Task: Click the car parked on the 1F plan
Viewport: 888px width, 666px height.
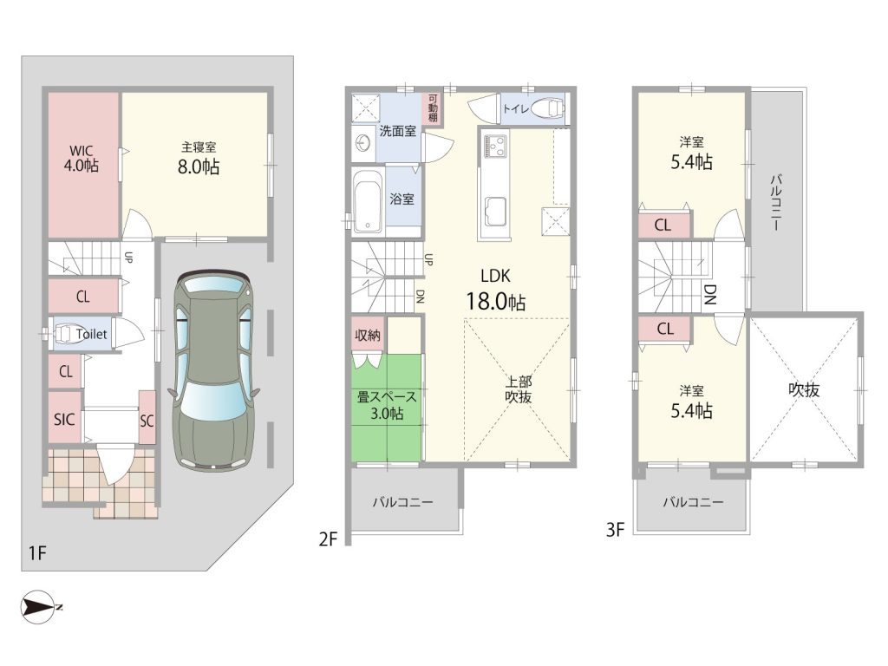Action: [x=214, y=371]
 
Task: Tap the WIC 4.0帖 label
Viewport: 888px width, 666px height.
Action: [x=82, y=158]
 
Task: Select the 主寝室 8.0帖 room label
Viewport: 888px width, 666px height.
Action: [x=199, y=158]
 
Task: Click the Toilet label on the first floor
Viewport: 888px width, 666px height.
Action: [x=91, y=334]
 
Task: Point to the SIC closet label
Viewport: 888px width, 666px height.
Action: [x=64, y=419]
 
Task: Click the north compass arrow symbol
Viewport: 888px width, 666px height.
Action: [x=38, y=608]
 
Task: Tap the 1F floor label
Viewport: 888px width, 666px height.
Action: [x=37, y=552]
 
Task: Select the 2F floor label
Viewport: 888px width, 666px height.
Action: [x=328, y=539]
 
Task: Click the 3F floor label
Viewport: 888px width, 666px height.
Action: [x=615, y=530]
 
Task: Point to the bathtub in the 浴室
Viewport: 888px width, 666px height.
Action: [x=368, y=203]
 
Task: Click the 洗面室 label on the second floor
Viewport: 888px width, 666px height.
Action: [x=397, y=131]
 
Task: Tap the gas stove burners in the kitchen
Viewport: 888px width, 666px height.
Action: [x=495, y=146]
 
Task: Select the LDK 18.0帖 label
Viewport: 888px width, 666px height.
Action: [x=495, y=290]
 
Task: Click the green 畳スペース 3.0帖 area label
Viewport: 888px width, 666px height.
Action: [x=387, y=405]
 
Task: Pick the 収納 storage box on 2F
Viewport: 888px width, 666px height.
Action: [x=368, y=335]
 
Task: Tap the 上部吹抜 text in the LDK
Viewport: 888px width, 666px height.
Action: [x=519, y=389]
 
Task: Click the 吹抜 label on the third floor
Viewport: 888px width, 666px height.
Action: [x=804, y=389]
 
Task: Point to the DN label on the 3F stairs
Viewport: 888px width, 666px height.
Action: [x=710, y=295]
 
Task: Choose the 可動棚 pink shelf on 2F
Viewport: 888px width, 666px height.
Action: [x=433, y=108]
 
